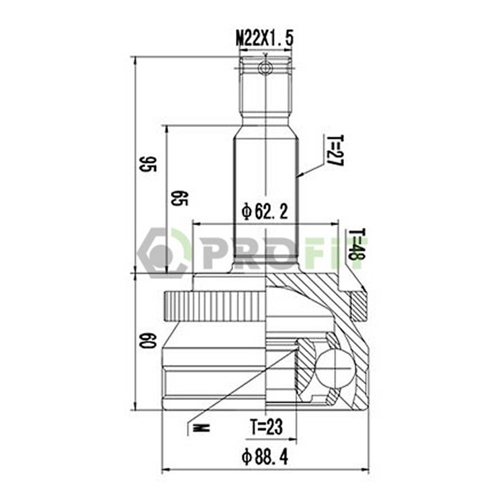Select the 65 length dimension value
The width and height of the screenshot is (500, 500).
pyautogui.click(x=179, y=198)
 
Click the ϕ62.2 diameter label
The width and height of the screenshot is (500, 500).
pyautogui.click(x=265, y=212)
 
